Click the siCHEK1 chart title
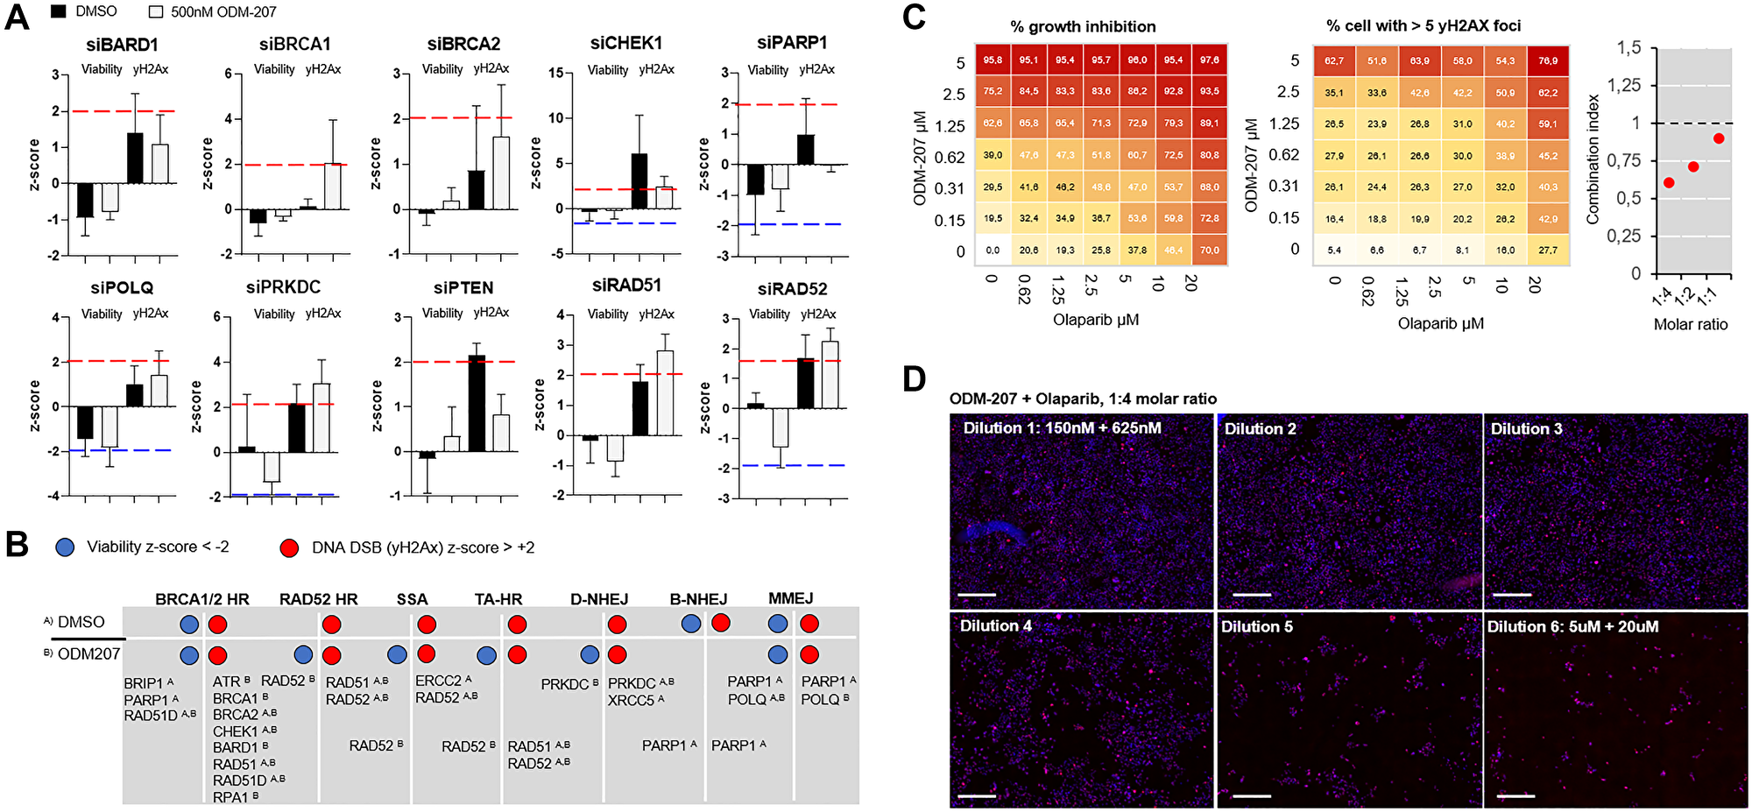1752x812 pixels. tap(625, 43)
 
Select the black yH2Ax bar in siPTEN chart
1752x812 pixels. tap(477, 403)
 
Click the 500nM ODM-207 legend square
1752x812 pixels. tap(157, 12)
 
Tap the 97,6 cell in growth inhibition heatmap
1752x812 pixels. tap(1209, 60)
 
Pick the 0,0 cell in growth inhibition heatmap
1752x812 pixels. tap(993, 251)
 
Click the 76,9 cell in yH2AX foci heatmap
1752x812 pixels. tap(1548, 61)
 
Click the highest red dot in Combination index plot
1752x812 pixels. tap(1719, 138)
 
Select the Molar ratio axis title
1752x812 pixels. tap(1690, 324)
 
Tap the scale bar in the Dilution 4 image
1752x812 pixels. tap(977, 795)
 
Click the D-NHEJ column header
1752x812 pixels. tap(599, 599)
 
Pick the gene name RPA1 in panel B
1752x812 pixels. tap(230, 797)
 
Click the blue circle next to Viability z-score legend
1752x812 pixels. tap(65, 547)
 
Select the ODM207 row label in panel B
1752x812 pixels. tap(88, 654)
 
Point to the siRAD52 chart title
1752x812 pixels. tap(792, 289)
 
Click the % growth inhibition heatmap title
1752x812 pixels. tap(1083, 26)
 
